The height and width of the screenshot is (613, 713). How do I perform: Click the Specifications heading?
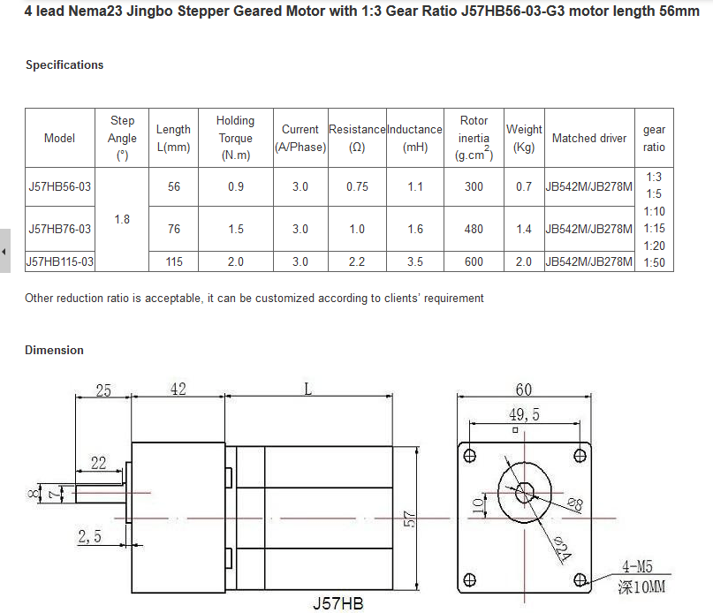(x=64, y=65)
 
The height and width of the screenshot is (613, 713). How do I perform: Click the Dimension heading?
(x=54, y=351)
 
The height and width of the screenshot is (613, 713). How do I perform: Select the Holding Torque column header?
(x=235, y=138)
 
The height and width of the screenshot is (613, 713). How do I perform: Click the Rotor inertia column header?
(x=474, y=138)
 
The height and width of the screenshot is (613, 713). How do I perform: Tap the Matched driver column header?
(x=588, y=138)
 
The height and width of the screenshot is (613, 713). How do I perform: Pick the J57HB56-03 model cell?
(x=60, y=186)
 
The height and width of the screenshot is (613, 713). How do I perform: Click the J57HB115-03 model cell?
(x=60, y=261)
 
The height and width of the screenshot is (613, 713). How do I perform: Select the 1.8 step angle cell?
(x=122, y=219)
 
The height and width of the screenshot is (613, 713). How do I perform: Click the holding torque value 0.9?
(x=236, y=186)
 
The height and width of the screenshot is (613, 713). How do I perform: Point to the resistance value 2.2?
(x=357, y=261)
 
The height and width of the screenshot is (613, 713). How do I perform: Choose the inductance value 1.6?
(x=415, y=230)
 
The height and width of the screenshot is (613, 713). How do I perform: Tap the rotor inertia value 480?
(x=474, y=230)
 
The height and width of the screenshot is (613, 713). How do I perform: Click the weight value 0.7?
(x=524, y=186)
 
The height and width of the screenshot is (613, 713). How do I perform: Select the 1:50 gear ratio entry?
(x=654, y=262)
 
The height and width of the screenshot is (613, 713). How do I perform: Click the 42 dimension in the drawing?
(x=178, y=390)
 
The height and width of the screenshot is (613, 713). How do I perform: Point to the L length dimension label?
(x=307, y=390)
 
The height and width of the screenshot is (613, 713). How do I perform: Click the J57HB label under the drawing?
(x=337, y=604)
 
